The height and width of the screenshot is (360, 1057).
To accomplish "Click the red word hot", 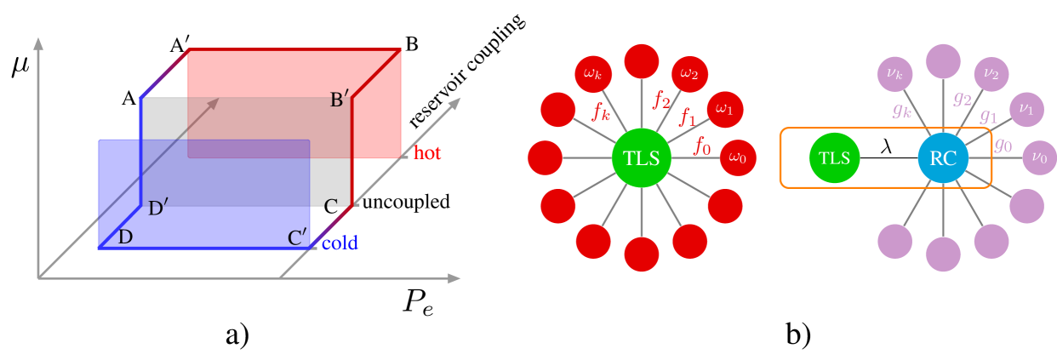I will coord(427,154).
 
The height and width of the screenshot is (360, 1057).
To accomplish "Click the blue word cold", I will coord(340,243).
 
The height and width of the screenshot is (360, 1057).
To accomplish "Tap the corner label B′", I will coord(340,100).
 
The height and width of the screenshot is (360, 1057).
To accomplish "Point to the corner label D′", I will coord(158,208).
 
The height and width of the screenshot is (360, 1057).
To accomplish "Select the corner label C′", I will coord(297,237).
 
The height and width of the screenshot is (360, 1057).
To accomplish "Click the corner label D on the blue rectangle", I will coord(126,237).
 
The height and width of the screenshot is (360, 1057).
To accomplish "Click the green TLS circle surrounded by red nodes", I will coord(642,158).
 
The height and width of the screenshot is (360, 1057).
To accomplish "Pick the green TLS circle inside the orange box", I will coord(834,158).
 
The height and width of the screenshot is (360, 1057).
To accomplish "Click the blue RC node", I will coord(943,158).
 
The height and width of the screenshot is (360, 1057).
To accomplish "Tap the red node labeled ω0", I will coord(738,158).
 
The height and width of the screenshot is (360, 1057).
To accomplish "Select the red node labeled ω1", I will coord(724,109).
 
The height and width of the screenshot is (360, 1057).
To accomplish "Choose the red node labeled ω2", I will coord(689,74).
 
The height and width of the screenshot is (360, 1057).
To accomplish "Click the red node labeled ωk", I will coord(592,74).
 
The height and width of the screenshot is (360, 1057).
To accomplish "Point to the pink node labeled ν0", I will coord(1039,157).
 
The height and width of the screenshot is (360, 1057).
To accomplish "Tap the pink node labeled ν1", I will coord(1026,109).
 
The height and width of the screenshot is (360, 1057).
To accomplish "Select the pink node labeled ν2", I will coord(991,74).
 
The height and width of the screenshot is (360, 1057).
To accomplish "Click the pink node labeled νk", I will coord(894,74).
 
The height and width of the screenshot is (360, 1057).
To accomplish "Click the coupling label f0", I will coord(702,146).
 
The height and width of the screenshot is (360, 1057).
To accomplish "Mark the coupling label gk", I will coord(902,110).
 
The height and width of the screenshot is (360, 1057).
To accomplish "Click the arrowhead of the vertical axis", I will coord(38,43).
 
